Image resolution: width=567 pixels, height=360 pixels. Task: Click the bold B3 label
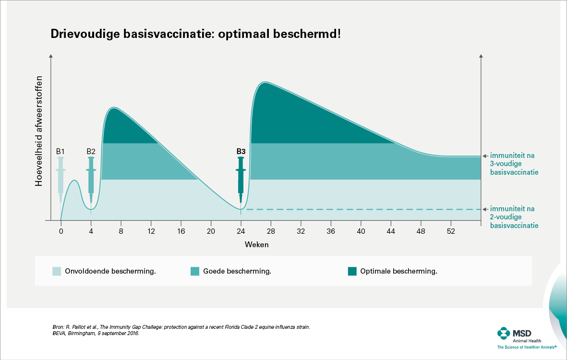click(x=241, y=151)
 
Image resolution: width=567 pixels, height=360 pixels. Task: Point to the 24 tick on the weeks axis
click(x=241, y=230)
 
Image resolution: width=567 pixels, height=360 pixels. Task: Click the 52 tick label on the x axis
click(x=451, y=230)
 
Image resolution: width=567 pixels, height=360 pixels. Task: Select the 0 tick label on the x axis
click(x=61, y=230)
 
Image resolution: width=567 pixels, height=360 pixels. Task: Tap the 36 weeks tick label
click(x=331, y=230)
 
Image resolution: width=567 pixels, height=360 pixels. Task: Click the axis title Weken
click(x=256, y=244)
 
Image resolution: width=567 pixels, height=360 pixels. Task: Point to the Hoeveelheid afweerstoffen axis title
click(x=39, y=131)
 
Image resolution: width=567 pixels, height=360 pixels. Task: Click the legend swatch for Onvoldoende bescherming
click(x=57, y=271)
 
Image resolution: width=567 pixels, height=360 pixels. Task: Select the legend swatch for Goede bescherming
click(x=195, y=271)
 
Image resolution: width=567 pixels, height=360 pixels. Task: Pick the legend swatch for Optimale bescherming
click(x=352, y=271)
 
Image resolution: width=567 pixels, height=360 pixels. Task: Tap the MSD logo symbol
click(x=503, y=333)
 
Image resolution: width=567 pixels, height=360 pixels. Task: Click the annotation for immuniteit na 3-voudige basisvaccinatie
click(x=513, y=164)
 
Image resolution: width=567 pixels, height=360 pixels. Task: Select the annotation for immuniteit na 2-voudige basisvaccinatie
click(x=513, y=217)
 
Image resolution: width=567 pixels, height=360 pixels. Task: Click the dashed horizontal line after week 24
click(x=360, y=209)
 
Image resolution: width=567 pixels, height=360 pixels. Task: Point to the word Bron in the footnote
click(x=58, y=327)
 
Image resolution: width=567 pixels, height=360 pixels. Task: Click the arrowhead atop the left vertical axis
click(x=50, y=58)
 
